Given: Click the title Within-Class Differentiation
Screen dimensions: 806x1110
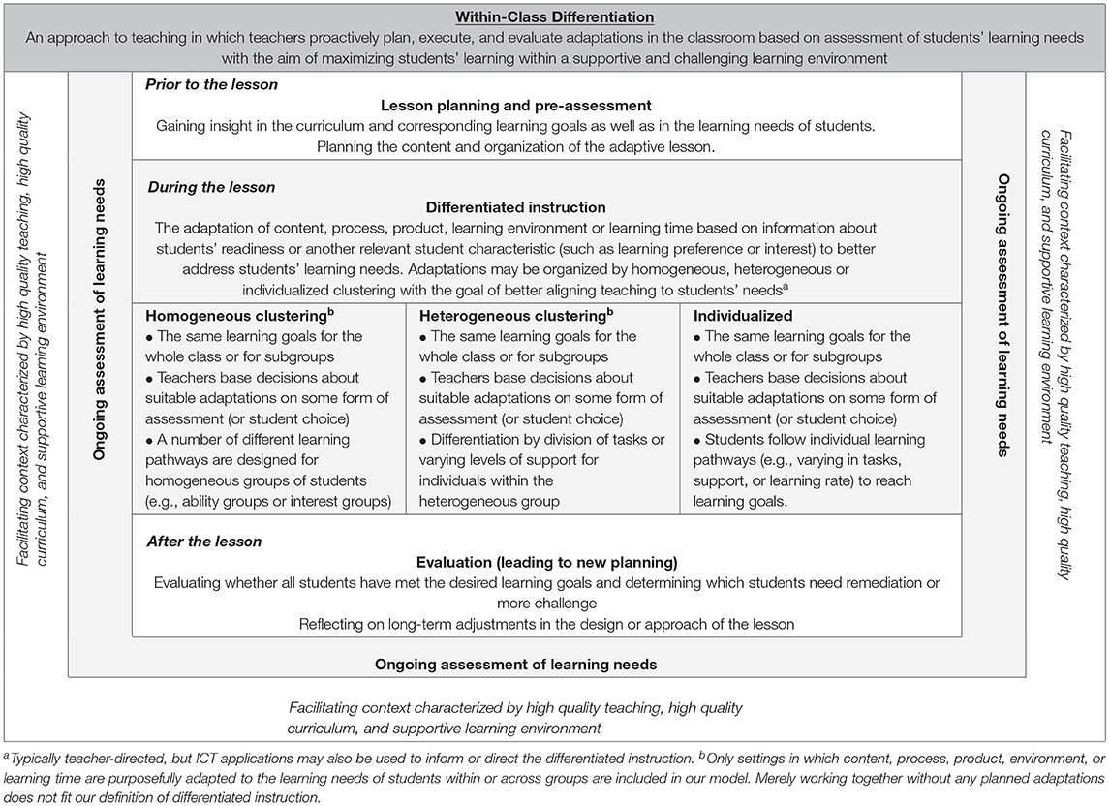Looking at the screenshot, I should point(556,16).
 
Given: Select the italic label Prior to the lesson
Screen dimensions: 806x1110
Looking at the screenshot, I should point(211,84).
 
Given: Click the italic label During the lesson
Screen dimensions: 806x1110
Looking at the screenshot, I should point(210,187).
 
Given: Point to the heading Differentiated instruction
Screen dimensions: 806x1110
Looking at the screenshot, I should point(515,207).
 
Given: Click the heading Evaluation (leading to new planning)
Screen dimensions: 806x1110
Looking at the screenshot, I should point(546,562).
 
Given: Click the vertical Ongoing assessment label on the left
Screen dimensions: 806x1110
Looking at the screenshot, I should point(101,320).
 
